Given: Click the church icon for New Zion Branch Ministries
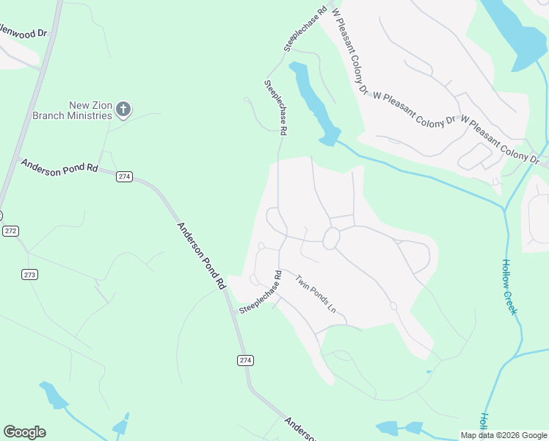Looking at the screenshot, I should click(123, 110).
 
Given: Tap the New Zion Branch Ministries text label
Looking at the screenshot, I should click(71, 110).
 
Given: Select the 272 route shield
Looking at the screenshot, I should click(10, 231).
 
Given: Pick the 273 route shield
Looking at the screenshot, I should click(29, 274).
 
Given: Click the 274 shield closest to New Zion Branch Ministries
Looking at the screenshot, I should click(124, 176).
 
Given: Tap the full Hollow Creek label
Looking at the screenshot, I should click(509, 287).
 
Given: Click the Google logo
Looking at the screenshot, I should click(24, 432).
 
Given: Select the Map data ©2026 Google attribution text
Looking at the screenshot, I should click(503, 435).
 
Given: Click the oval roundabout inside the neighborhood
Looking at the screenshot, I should click(331, 238).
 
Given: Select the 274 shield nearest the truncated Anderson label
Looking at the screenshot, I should click(246, 359).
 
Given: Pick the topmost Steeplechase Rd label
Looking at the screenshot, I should click(305, 29).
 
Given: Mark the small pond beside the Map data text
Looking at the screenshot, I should click(400, 428).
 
